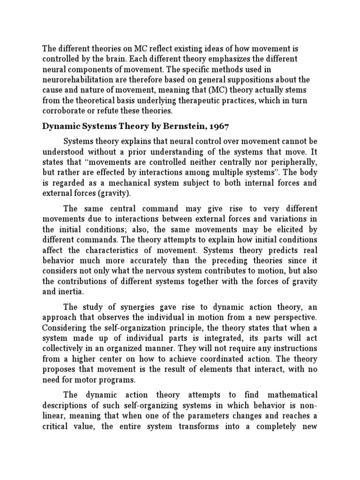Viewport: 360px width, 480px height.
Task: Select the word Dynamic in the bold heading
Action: pos(61,127)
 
